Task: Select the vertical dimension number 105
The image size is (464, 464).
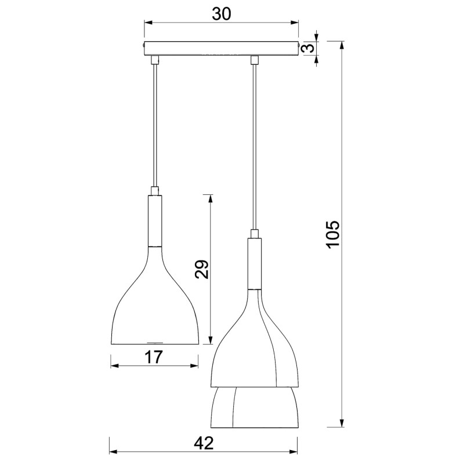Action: tap(332, 234)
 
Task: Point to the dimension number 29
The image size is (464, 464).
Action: tap(201, 269)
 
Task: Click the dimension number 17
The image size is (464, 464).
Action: tap(153, 357)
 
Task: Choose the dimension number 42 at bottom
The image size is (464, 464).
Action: tap(202, 443)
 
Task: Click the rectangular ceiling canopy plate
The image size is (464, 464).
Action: tap(221, 49)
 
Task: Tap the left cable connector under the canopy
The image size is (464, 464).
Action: tap(154, 60)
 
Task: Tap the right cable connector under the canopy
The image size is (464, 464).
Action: tap(253, 60)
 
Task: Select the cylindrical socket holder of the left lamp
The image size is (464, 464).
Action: tap(155, 220)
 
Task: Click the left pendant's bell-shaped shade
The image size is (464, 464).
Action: tap(154, 307)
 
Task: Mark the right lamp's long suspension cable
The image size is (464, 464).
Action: tap(253, 145)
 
